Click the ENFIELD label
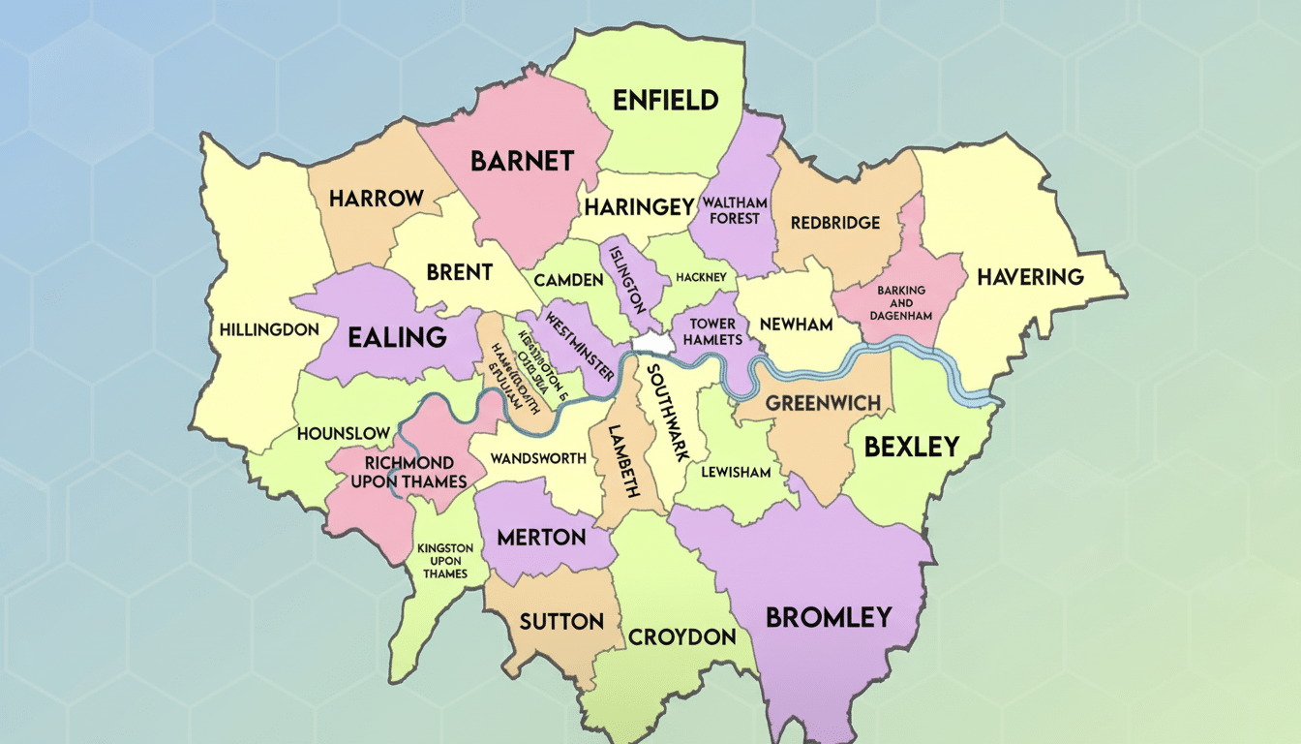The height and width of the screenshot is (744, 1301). pyautogui.click(x=665, y=100)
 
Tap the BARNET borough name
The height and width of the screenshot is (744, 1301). pyautogui.click(x=523, y=161)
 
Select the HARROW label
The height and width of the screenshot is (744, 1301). pyautogui.click(x=377, y=199)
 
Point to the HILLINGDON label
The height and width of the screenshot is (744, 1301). pyautogui.click(x=269, y=329)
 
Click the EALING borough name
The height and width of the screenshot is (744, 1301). pyautogui.click(x=397, y=337)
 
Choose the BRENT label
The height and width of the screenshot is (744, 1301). pyautogui.click(x=460, y=272)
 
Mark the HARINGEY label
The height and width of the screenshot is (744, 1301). pyautogui.click(x=639, y=207)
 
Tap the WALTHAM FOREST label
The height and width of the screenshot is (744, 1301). pyautogui.click(x=736, y=210)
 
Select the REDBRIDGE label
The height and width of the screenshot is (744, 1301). pyautogui.click(x=835, y=223)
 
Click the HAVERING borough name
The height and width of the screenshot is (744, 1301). pyautogui.click(x=1030, y=277)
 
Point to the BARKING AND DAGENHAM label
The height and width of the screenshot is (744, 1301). pyautogui.click(x=901, y=303)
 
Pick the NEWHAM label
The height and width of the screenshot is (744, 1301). pyautogui.click(x=796, y=325)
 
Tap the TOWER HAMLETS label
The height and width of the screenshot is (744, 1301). pyautogui.click(x=712, y=331)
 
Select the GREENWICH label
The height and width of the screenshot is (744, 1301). pyautogui.click(x=823, y=403)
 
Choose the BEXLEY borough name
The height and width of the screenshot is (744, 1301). pyautogui.click(x=911, y=447)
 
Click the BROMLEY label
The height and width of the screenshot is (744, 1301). pyautogui.click(x=829, y=617)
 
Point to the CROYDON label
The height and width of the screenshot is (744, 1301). pyautogui.click(x=682, y=637)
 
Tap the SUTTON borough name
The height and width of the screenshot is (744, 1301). pyautogui.click(x=561, y=621)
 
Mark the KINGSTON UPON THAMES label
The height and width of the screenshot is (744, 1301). pyautogui.click(x=445, y=561)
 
